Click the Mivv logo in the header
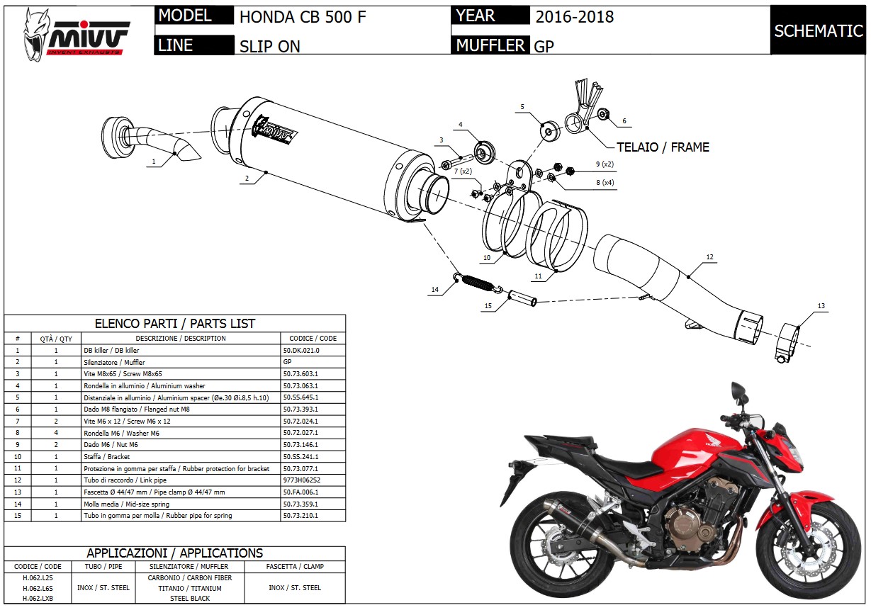[77, 32]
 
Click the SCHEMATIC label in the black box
[818, 31]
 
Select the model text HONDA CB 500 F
[303, 17]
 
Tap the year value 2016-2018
[574, 17]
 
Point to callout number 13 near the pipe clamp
[821, 306]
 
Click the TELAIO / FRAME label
[663, 147]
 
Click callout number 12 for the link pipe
[709, 257]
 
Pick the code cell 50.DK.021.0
[301, 350]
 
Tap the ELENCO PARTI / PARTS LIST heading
[175, 324]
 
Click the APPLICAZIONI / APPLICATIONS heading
[174, 553]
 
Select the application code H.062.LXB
[38, 599]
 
